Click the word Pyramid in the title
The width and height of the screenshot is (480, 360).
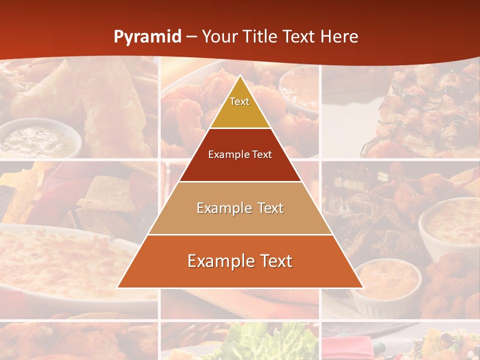[147, 37]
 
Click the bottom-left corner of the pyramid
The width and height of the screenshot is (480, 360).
[118, 287]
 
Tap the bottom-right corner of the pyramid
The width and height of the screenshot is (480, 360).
[362, 287]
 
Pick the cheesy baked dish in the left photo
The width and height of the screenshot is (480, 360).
[60, 260]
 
